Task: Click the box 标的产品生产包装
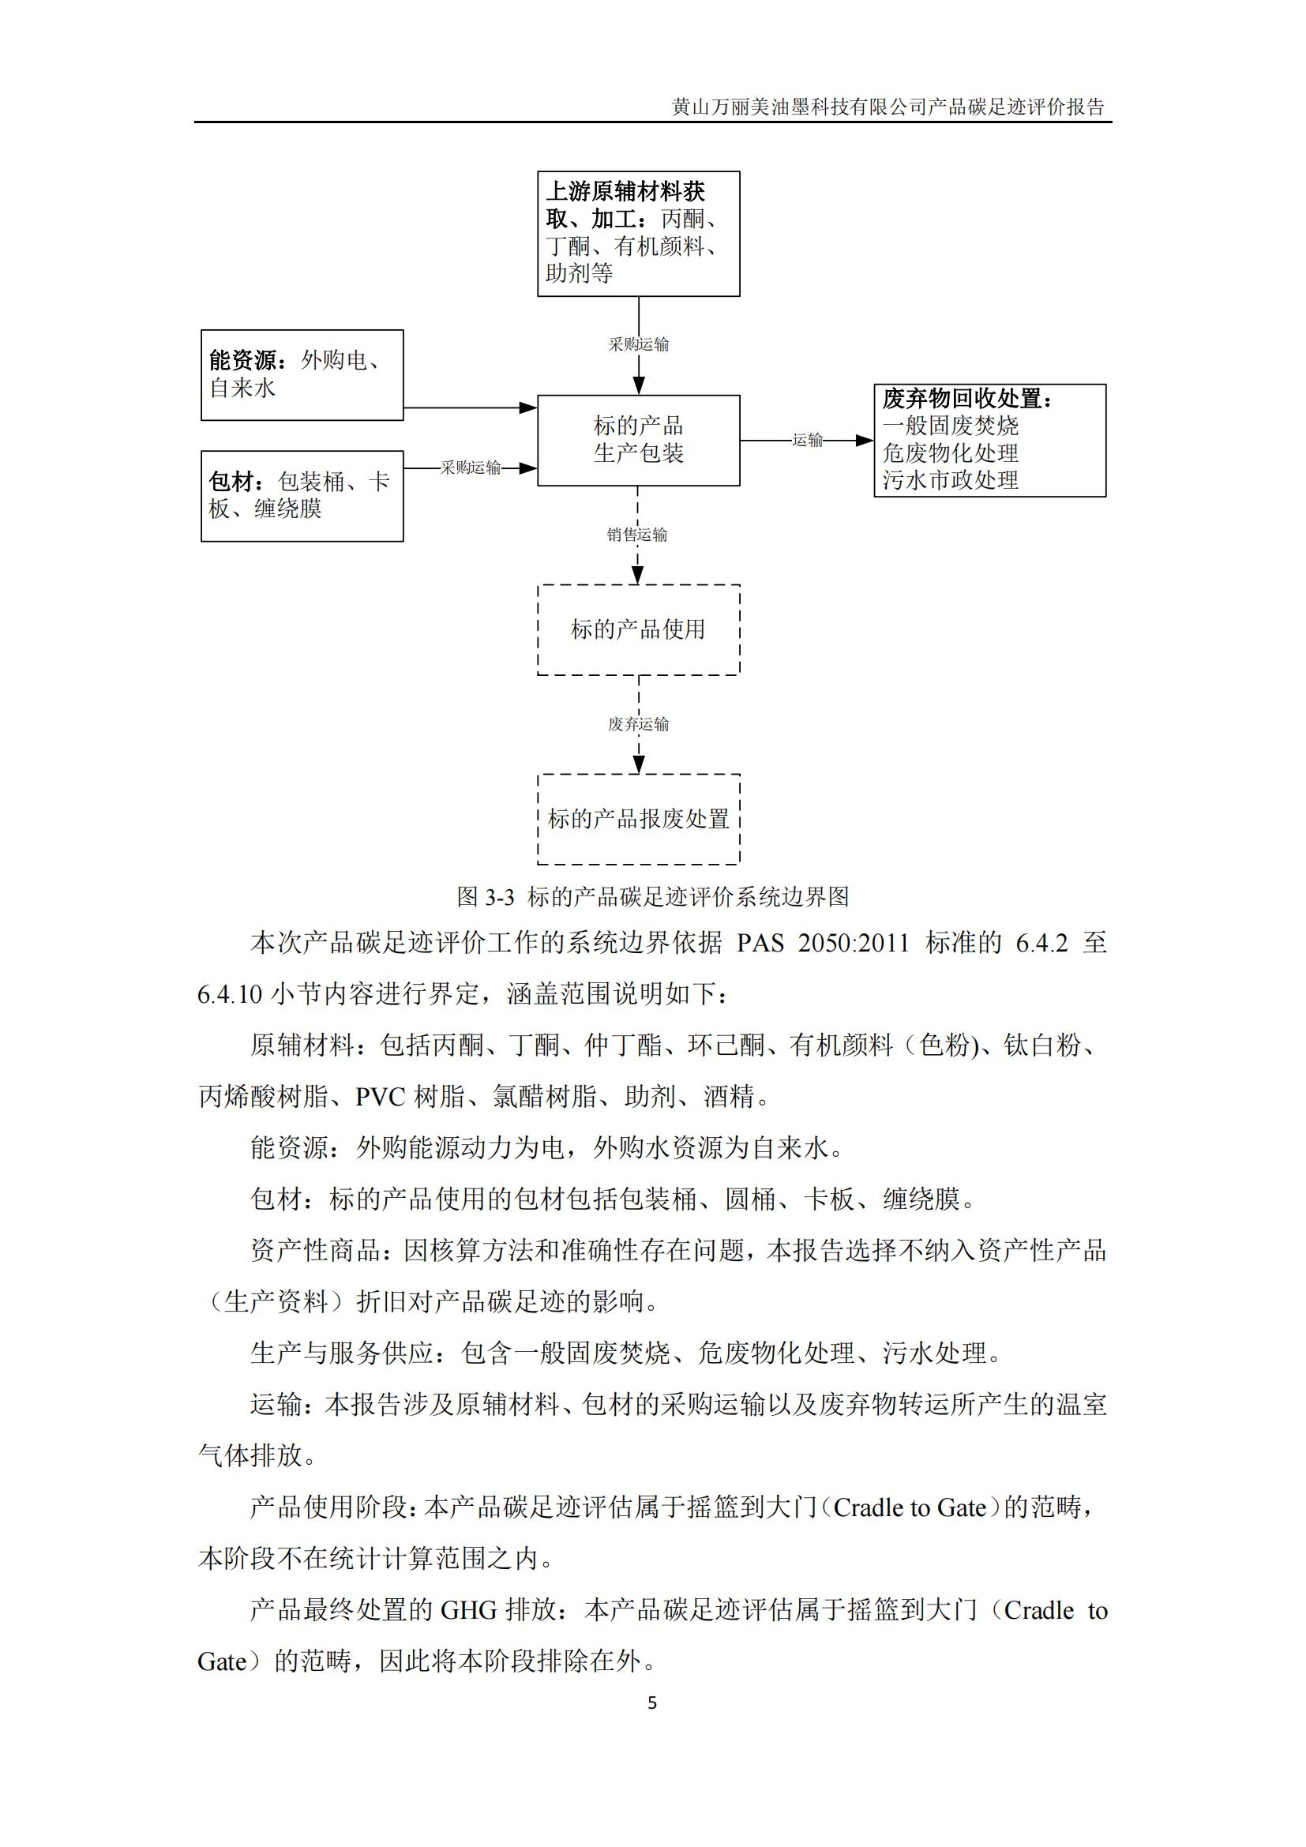click(638, 440)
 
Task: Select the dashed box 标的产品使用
click(638, 629)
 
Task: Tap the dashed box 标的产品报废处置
click(638, 819)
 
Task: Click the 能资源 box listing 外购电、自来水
click(302, 375)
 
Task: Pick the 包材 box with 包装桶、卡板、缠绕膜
click(302, 496)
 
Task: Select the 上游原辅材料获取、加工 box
click(638, 233)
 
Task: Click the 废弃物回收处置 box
click(989, 440)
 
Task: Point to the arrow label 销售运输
click(637, 534)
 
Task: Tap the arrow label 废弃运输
click(638, 724)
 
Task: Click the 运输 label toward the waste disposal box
click(808, 440)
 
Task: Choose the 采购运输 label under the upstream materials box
click(638, 344)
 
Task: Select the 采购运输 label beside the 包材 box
click(471, 467)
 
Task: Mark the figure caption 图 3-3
click(652, 896)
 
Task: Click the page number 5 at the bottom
click(652, 1702)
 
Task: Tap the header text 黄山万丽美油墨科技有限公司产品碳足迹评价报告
click(888, 107)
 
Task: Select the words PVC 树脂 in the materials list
click(410, 1097)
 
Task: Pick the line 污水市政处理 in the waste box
click(950, 480)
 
